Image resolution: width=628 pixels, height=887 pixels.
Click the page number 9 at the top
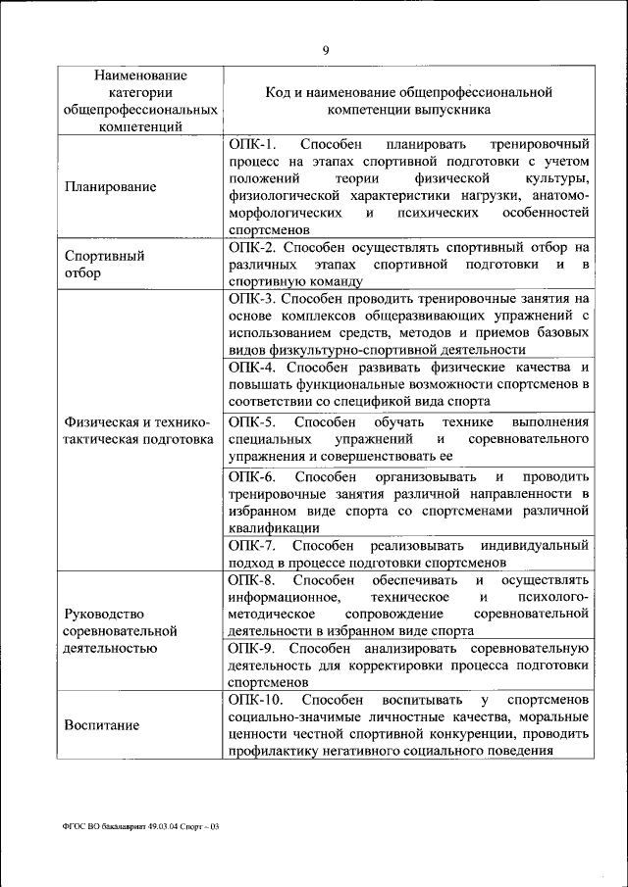325,52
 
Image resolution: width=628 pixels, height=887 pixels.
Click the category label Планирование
110,186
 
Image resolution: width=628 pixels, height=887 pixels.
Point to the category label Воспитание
102,725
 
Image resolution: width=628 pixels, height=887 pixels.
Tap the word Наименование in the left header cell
140,74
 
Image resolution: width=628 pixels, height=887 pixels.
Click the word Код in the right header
279,91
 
